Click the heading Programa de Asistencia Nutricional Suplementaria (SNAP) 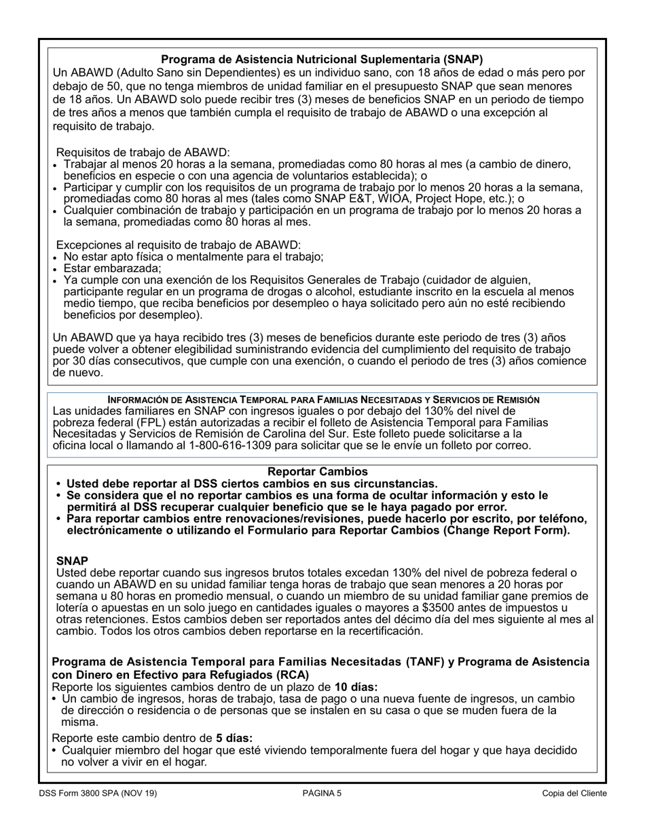pyautogui.click(x=322, y=59)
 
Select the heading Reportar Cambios pyautogui.click(x=318, y=471)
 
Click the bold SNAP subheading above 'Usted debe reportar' pyautogui.click(x=72, y=561)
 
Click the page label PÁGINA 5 pyautogui.click(x=322, y=793)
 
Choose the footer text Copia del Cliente pyautogui.click(x=574, y=793)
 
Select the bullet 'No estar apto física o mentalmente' pyautogui.click(x=193, y=257)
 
